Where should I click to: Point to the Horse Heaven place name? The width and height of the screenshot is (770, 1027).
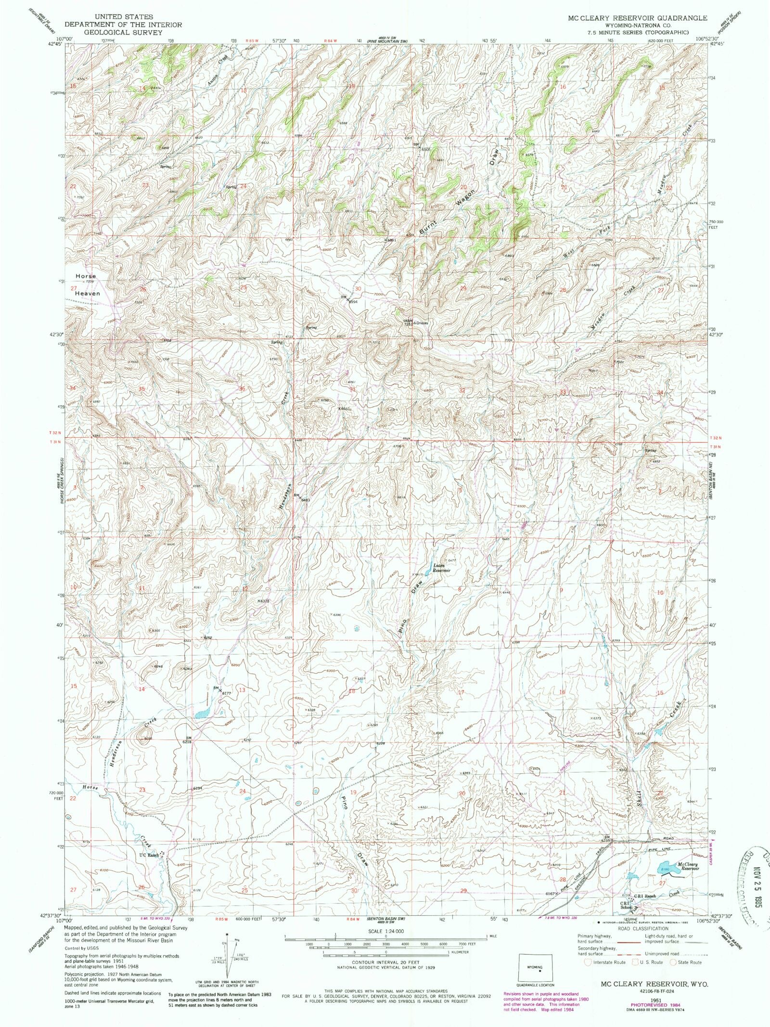pos(87,285)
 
